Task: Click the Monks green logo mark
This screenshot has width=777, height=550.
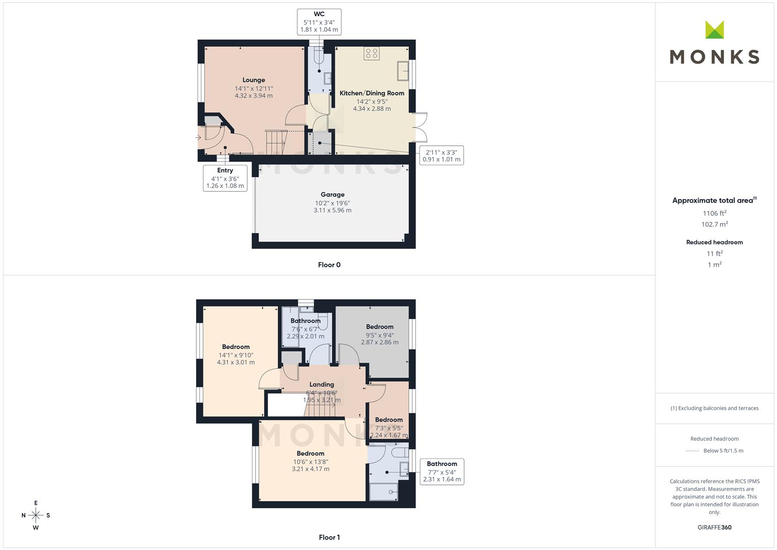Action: click(x=714, y=30)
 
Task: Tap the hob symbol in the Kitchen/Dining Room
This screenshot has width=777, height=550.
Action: click(x=371, y=53)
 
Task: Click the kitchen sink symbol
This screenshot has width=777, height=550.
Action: click(x=402, y=71)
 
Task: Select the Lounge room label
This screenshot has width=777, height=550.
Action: click(x=253, y=80)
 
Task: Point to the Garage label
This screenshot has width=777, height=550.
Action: click(x=332, y=195)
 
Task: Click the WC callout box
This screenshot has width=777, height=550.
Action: click(x=319, y=22)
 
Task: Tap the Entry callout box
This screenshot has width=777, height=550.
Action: click(x=225, y=178)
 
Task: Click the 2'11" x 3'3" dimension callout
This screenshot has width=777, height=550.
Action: click(x=442, y=155)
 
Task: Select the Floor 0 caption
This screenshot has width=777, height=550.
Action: click(x=329, y=265)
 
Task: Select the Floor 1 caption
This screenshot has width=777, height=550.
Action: click(x=329, y=537)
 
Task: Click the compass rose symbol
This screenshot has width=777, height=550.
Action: click(x=36, y=515)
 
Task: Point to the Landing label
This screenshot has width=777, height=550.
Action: click(x=322, y=384)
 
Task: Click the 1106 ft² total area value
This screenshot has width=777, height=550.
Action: click(x=714, y=213)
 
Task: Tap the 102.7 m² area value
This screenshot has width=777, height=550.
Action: click(x=714, y=224)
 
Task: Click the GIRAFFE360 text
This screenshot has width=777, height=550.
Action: click(x=714, y=527)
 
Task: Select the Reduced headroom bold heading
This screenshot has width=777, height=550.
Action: click(x=714, y=242)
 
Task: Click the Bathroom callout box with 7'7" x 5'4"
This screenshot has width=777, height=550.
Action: click(x=442, y=472)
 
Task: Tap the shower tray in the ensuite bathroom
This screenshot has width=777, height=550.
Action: click(x=384, y=491)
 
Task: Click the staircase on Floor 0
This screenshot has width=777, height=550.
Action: click(x=276, y=142)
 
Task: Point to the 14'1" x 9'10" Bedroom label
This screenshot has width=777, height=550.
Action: click(x=236, y=354)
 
